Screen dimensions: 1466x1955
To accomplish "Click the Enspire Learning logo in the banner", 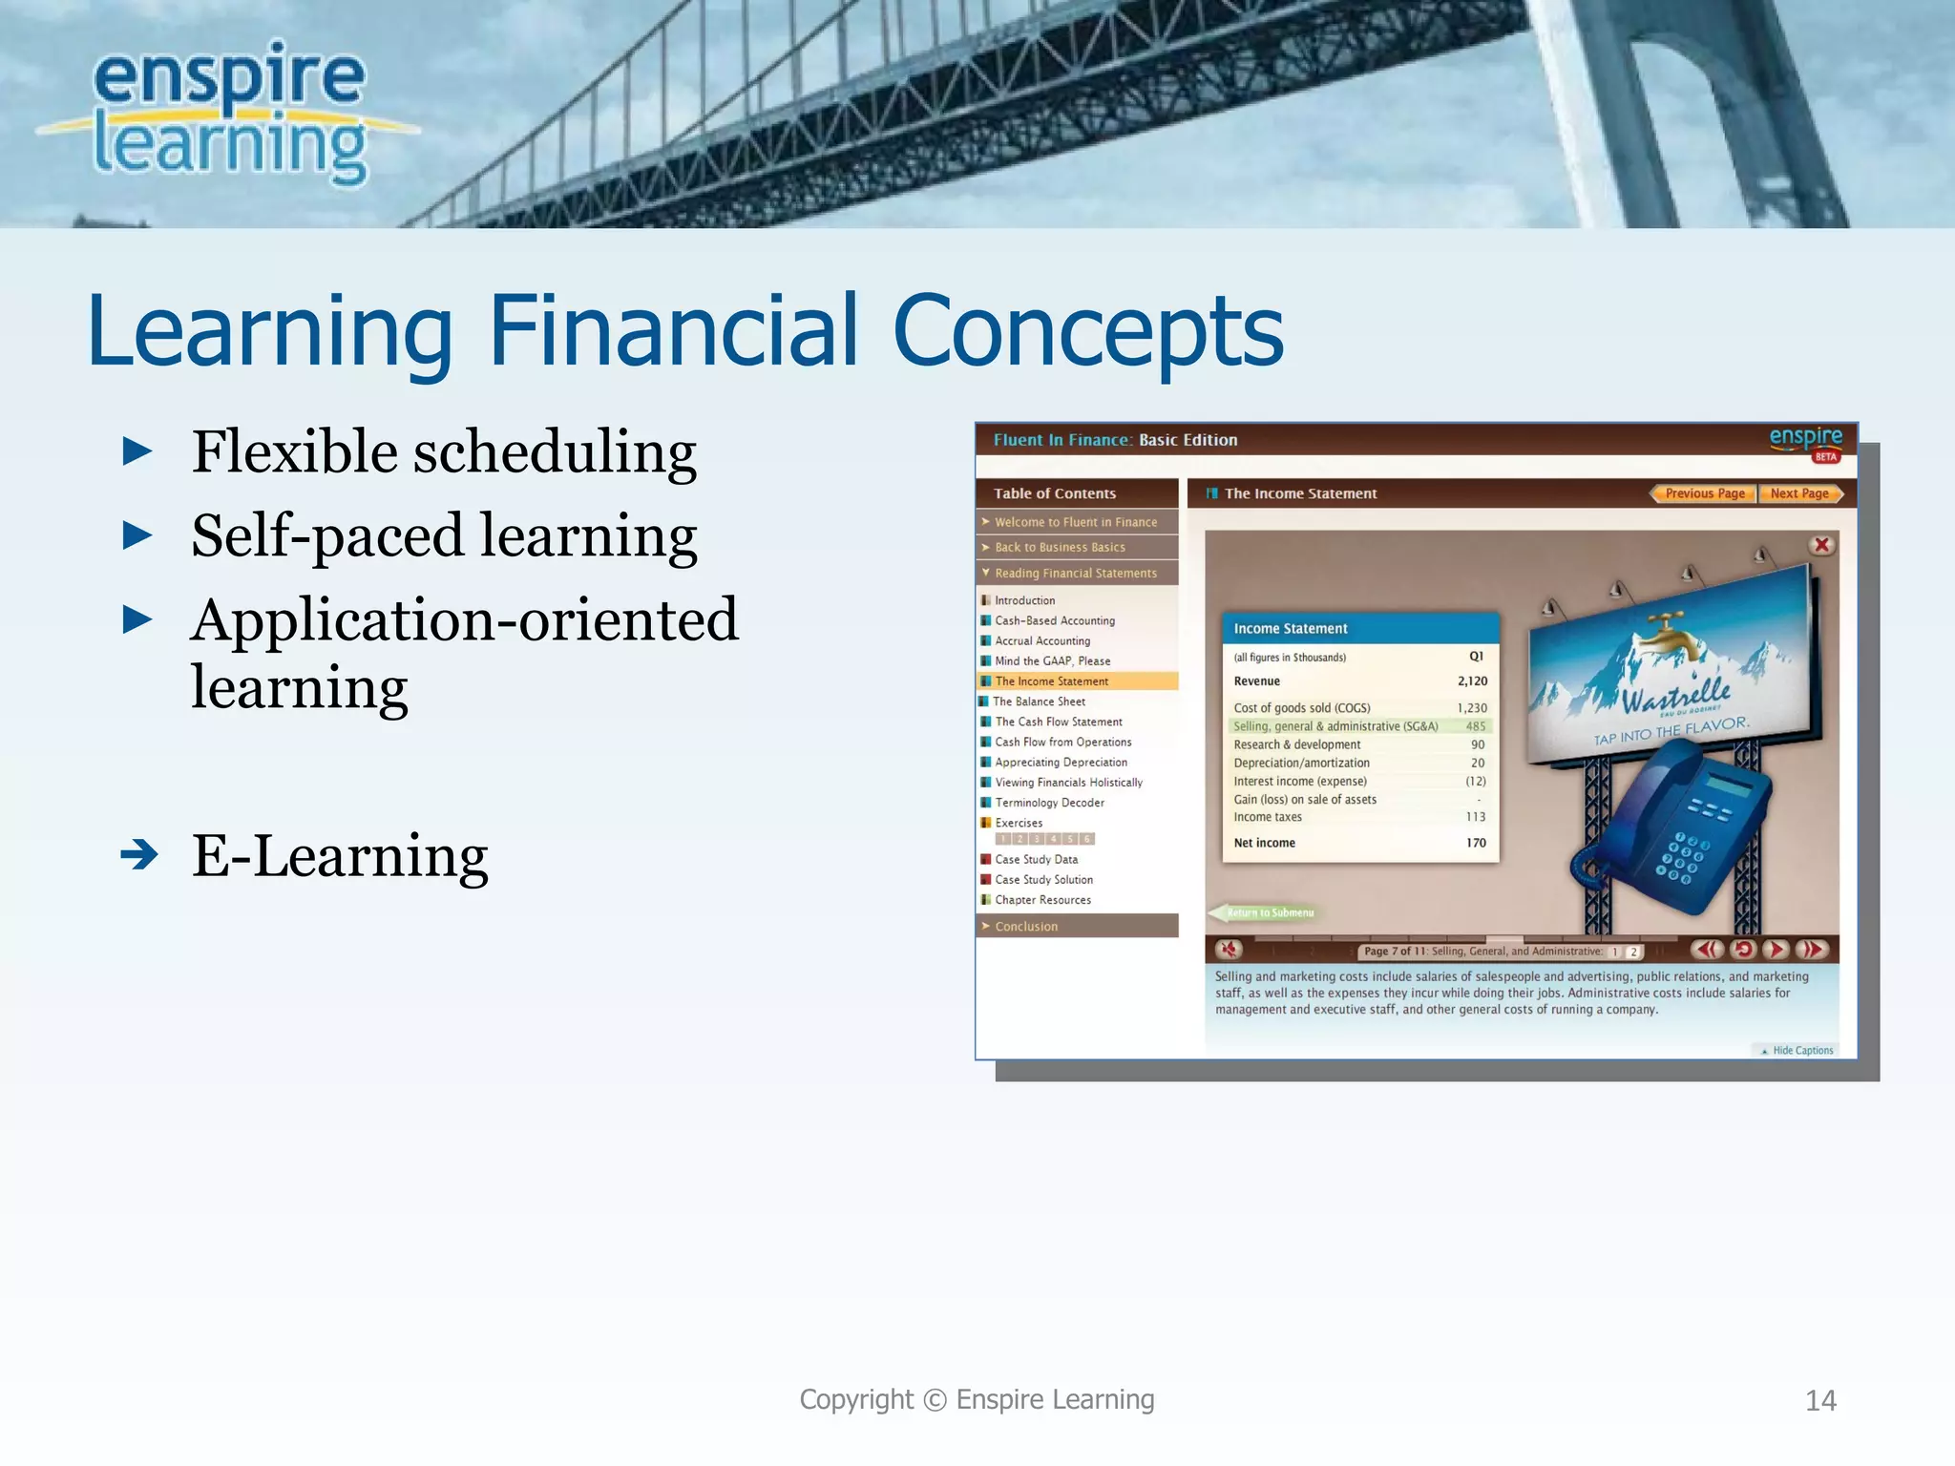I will tap(229, 113).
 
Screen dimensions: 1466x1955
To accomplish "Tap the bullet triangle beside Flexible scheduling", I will tap(138, 451).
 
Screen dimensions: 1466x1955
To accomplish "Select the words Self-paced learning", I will tap(444, 535).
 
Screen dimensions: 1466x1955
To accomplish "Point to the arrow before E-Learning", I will tap(139, 854).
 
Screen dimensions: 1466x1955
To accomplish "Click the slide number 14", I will tap(1819, 1400).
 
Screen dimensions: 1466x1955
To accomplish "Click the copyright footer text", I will tap(977, 1399).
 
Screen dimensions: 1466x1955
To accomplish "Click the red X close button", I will tap(1821, 545).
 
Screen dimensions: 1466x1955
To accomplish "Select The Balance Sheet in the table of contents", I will tap(1039, 702).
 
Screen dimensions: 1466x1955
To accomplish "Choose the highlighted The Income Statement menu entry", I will tap(1051, 681).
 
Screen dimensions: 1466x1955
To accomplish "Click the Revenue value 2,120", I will tap(1471, 681).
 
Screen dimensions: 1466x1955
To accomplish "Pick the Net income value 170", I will tap(1476, 843).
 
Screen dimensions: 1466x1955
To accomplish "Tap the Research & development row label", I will tap(1296, 744).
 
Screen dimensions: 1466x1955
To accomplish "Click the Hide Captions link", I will tap(1801, 1050).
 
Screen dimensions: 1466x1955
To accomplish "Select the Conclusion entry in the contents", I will tap(1026, 926).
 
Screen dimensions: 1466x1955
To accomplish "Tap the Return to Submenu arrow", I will tap(1262, 912).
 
